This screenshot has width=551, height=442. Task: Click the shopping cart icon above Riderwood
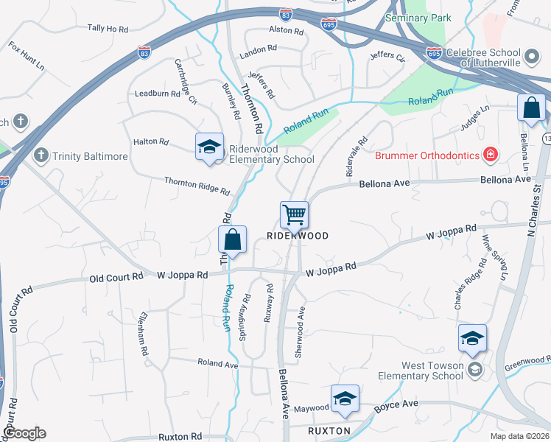pyautogui.click(x=294, y=215)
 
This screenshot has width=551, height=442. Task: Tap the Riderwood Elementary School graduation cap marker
pyautogui.click(x=209, y=146)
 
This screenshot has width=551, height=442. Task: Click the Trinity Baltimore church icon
pyautogui.click(x=41, y=155)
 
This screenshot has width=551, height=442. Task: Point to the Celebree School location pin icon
pyautogui.click(x=531, y=55)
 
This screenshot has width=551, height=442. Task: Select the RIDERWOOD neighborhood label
pyautogui.click(x=297, y=235)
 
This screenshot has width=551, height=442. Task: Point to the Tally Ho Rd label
pyautogui.click(x=108, y=28)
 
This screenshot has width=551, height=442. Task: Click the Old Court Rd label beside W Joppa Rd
pyautogui.click(x=116, y=278)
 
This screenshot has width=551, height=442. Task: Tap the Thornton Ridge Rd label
pyautogui.click(x=197, y=185)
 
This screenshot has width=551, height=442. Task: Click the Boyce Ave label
pyautogui.click(x=396, y=404)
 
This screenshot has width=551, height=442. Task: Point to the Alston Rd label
pyautogui.click(x=286, y=31)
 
